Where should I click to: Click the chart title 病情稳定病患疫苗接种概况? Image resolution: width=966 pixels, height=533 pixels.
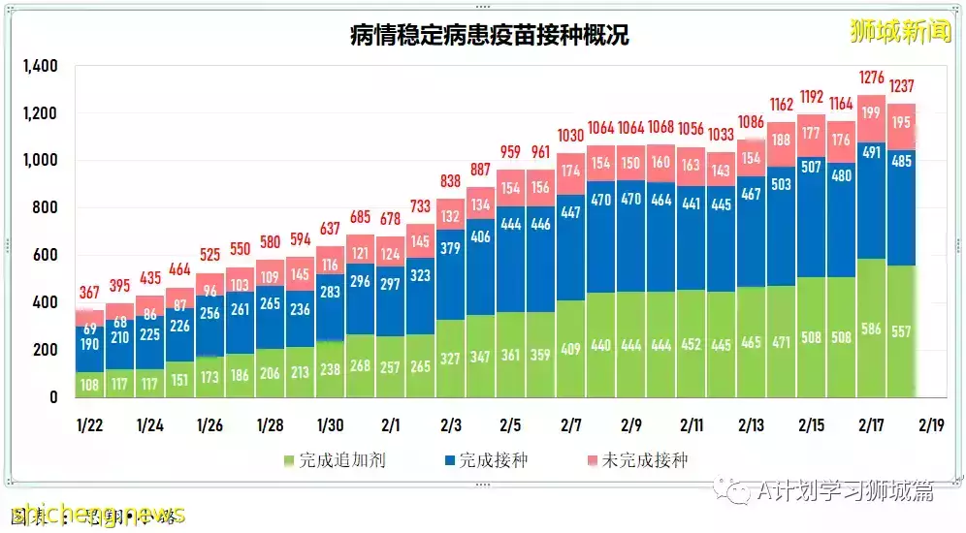[489, 36]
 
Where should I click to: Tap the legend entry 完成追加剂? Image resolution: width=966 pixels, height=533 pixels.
[334, 459]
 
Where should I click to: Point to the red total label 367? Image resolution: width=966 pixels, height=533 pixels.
[90, 292]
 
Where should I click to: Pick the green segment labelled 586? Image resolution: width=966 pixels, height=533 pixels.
[870, 329]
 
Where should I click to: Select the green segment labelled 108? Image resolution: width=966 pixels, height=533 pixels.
[90, 384]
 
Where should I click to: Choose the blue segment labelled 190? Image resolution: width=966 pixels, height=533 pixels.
[90, 345]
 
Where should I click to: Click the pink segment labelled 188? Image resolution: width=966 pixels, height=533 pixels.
[781, 139]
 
